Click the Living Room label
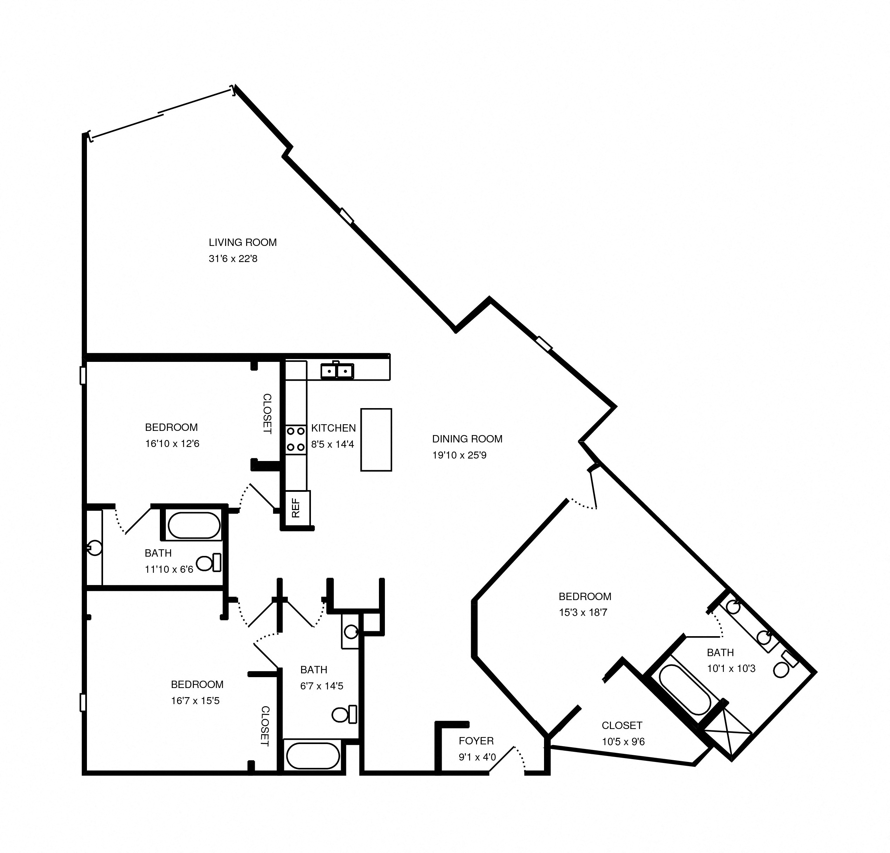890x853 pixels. [x=243, y=242]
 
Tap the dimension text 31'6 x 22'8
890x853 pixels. [x=233, y=259]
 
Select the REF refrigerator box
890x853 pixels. [x=297, y=508]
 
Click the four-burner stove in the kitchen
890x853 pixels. [x=295, y=439]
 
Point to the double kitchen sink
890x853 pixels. [x=337, y=371]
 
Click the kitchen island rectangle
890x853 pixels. [x=376, y=440]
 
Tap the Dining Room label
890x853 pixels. [x=467, y=439]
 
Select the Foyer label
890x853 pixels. [x=476, y=741]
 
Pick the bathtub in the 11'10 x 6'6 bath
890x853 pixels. [x=194, y=525]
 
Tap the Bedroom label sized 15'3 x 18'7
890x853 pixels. [x=585, y=596]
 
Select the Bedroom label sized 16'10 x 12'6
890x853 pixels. [x=171, y=427]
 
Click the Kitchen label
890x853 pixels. [x=333, y=428]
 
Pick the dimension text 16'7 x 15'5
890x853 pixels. [x=195, y=701]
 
